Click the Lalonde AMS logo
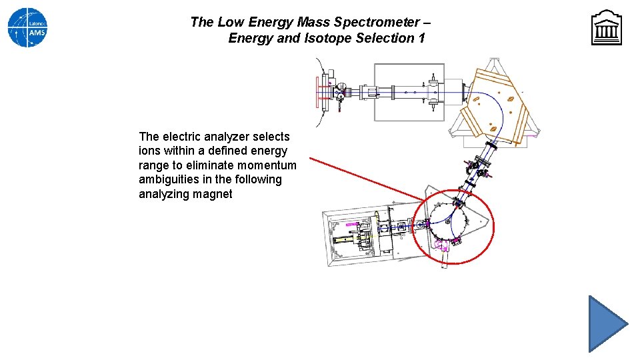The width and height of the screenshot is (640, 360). [x=27, y=27]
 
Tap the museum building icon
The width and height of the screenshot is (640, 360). [x=606, y=28]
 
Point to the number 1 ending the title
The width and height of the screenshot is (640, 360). [x=421, y=38]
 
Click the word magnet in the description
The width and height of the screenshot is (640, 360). [x=214, y=194]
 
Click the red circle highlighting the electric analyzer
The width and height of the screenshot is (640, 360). [x=493, y=227]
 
